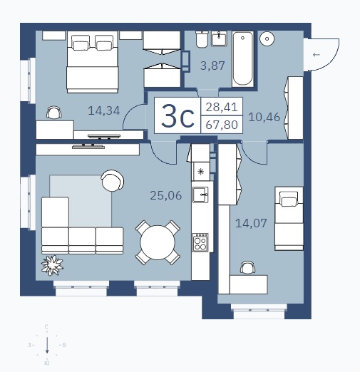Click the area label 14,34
[104, 110]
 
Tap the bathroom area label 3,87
[212, 66]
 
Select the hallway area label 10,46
[264, 117]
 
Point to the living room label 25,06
[166, 195]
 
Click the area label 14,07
[251, 223]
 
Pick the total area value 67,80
[222, 125]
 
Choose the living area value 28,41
[222, 107]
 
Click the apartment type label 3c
[178, 115]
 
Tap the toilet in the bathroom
[202, 39]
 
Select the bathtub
[242, 59]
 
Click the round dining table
[158, 242]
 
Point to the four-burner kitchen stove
[200, 242]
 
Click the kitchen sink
[200, 195]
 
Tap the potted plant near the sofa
[52, 265]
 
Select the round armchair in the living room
[112, 180]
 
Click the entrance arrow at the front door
[317, 55]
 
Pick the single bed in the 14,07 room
[289, 219]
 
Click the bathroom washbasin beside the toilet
[219, 38]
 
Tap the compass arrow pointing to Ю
[47, 345]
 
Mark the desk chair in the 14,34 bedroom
[54, 112]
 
